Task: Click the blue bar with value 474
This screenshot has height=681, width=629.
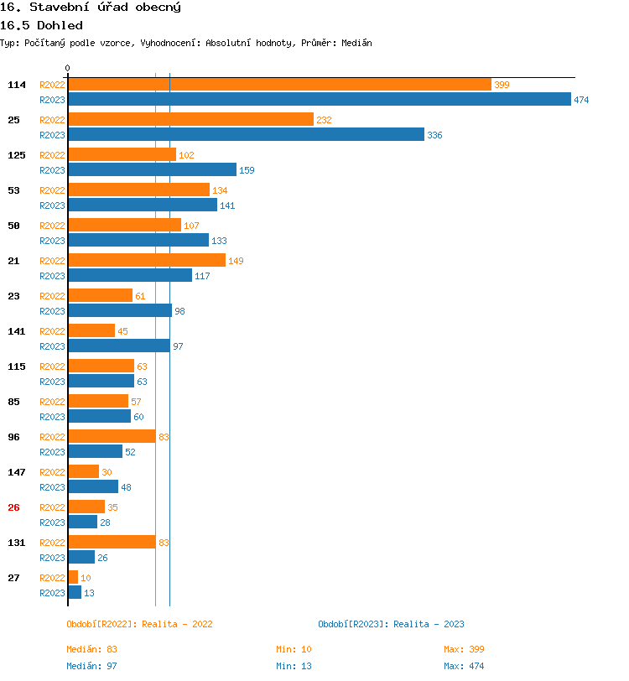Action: click(319, 100)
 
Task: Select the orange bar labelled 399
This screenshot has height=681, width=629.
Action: click(279, 85)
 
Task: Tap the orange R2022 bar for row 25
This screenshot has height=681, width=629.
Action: click(190, 120)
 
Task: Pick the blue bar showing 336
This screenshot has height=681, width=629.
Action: click(246, 135)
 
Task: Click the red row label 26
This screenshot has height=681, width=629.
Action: click(13, 507)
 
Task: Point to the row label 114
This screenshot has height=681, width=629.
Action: click(17, 85)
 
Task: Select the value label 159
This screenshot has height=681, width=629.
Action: click(247, 170)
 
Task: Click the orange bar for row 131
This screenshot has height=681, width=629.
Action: click(112, 543)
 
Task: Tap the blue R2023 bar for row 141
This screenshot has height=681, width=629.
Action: click(118, 346)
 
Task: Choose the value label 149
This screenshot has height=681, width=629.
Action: click(236, 261)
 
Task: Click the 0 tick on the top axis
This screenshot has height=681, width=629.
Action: click(68, 68)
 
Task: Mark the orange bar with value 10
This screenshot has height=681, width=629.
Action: click(73, 578)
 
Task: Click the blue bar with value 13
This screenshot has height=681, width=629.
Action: click(75, 593)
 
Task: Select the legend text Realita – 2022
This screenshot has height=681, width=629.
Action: click(177, 624)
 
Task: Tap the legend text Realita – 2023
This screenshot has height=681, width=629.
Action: click(429, 624)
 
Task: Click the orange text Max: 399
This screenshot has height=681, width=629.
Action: click(464, 649)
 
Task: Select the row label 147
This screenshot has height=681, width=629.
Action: click(17, 472)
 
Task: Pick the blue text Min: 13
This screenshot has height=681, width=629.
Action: click(294, 666)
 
